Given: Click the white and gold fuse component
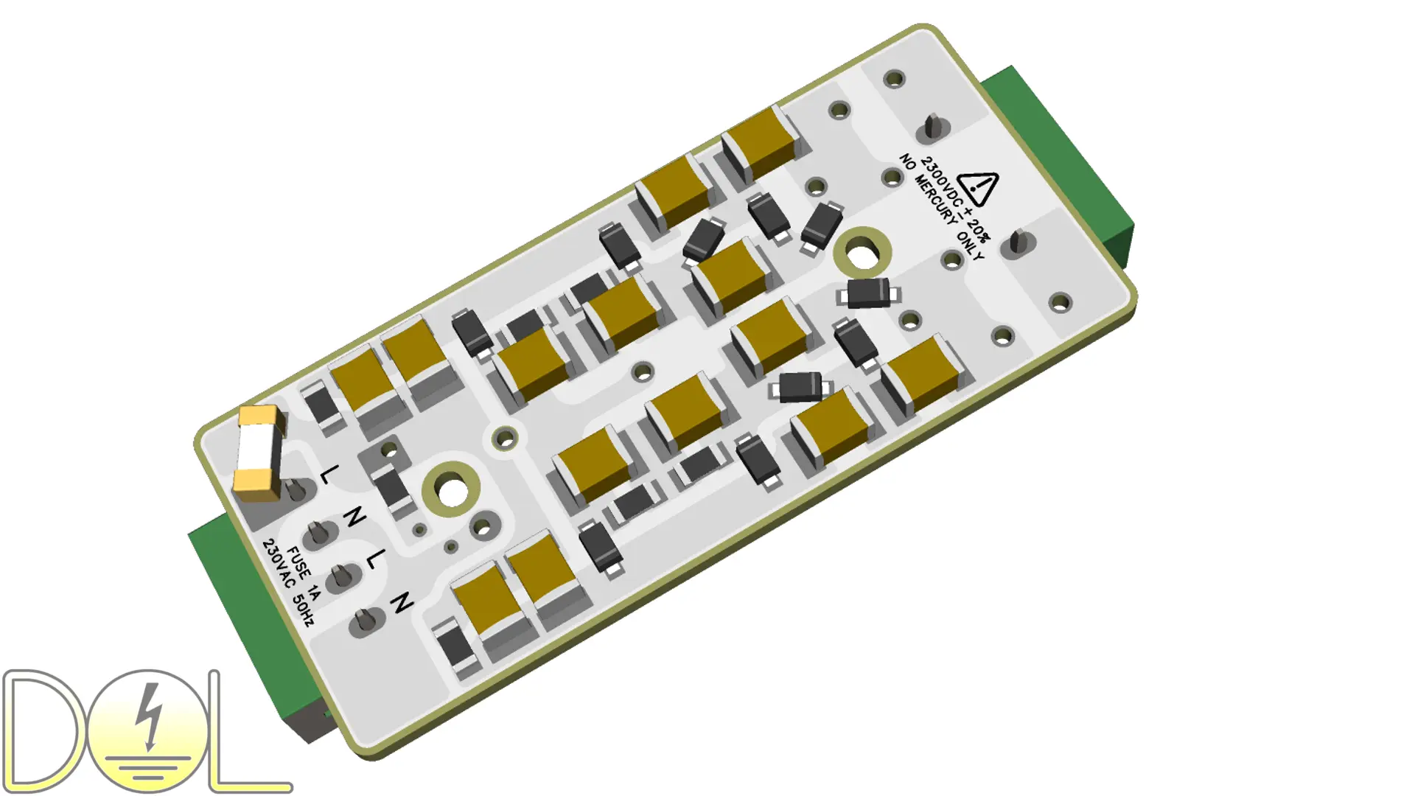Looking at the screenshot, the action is click(258, 453).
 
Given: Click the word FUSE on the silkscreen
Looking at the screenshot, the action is click(298, 564).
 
